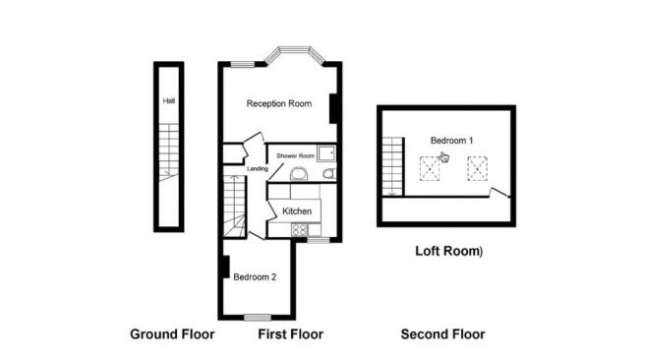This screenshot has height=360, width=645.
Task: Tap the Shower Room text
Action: click(295, 155)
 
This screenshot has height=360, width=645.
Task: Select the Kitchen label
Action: click(297, 211)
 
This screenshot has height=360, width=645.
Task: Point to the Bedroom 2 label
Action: click(255, 277)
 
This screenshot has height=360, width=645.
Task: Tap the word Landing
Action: click(258, 169)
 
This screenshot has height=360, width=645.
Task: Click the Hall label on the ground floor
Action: click(168, 100)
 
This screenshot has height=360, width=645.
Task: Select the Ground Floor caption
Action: click(172, 334)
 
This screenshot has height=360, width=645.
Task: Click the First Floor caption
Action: click(290, 334)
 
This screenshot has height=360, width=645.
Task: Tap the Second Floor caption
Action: click(442, 334)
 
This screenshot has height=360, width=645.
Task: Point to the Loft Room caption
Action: click(447, 252)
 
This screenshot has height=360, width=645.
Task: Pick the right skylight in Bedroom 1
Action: click(476, 171)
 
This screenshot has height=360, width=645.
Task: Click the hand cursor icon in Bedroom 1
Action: click(443, 155)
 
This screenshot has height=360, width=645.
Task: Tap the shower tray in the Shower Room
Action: click(327, 154)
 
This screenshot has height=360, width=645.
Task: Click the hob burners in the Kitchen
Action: click(275, 230)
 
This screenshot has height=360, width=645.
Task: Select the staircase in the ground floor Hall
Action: click(168, 152)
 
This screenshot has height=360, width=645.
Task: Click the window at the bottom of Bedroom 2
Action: click(258, 317)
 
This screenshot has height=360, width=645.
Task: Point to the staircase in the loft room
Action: click(392, 165)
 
